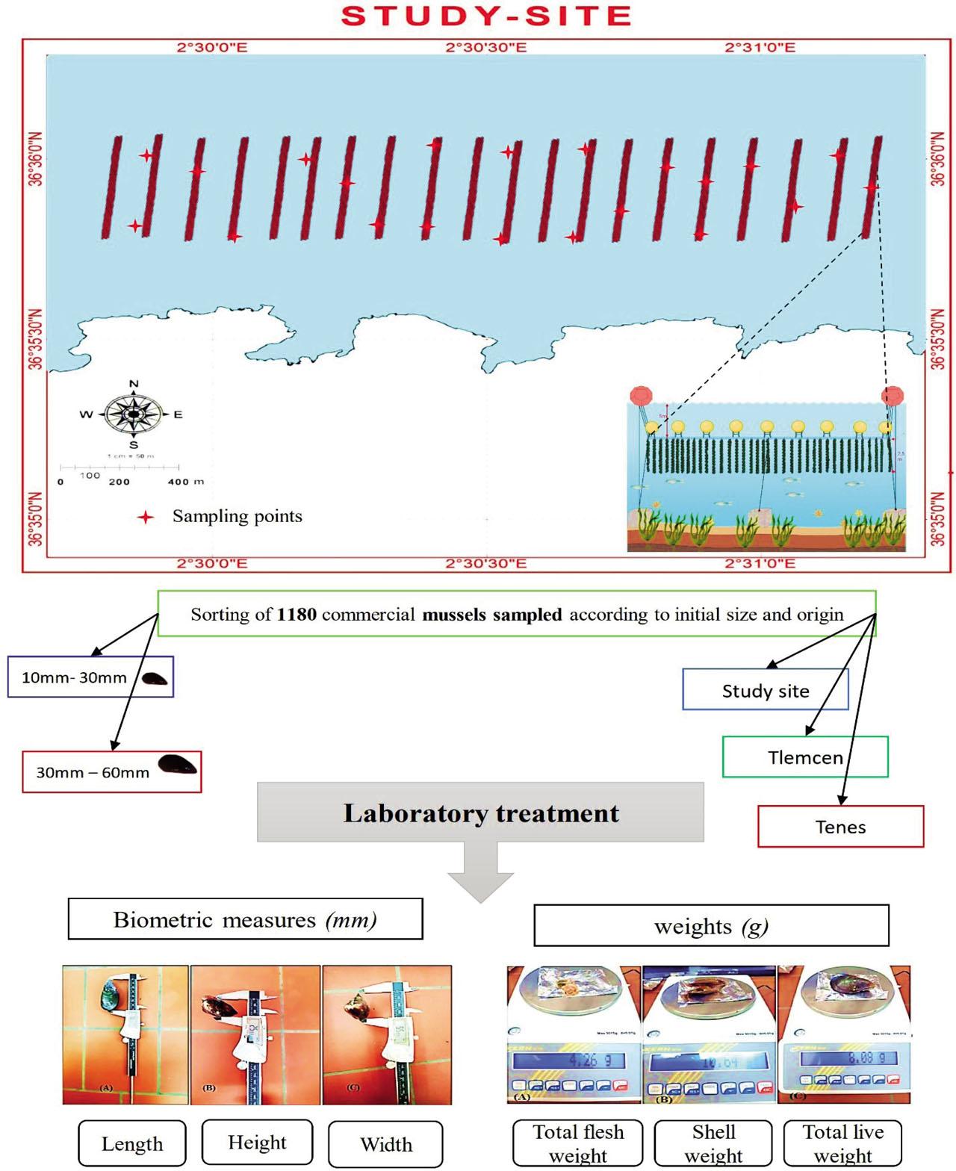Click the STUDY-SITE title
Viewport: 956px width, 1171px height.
486,16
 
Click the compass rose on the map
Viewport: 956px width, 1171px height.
133,414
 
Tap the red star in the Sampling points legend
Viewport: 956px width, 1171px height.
146,517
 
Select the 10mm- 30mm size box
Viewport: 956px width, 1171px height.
90,677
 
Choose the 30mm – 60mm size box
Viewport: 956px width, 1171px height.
112,771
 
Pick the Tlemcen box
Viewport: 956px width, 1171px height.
804,757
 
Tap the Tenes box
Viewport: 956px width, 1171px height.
840,827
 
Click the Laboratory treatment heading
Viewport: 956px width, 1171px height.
480,813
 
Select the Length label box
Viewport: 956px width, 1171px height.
132,1143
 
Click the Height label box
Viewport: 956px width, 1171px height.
257,1142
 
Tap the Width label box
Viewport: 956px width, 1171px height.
385,1144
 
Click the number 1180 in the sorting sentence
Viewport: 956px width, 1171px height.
297,615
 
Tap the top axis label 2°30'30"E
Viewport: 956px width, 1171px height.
485,48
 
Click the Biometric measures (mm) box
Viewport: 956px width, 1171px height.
245,919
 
